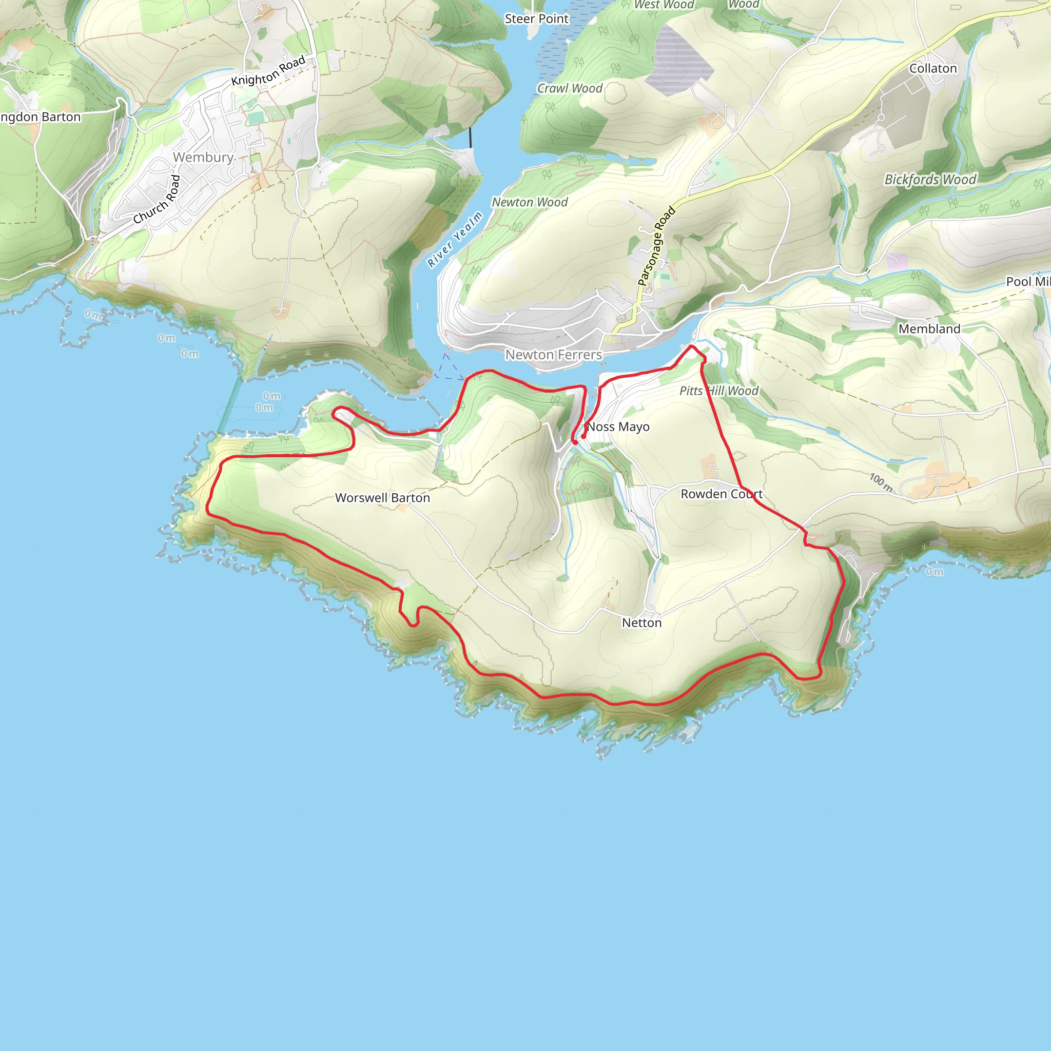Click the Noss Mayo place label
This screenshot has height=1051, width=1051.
pos(618,427)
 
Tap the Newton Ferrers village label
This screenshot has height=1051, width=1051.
pos(553,355)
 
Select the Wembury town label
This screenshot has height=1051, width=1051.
pos(203,157)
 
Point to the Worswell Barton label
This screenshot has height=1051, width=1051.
pos(382,498)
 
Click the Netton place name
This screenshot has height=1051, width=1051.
pos(642,623)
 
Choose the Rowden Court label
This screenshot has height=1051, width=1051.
pos(722,494)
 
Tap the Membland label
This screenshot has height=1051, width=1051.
pos(929,328)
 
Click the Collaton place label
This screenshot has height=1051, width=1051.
pos(933,69)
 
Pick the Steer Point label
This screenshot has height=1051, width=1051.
pos(536,19)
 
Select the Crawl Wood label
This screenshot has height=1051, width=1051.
pos(570,88)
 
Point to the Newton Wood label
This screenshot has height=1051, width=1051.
pos(529,202)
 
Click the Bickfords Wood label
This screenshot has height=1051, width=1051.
pos(930,180)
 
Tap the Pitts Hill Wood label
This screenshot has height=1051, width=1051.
pos(718,391)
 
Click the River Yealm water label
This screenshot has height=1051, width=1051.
pos(455,240)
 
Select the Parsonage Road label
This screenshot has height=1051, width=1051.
pos(656,246)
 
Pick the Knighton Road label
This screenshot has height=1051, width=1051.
pos(268,71)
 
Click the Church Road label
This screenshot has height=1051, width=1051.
pos(157,200)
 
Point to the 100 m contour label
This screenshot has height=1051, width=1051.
pos(881,481)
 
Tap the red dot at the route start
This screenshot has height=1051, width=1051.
pos(583,436)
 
